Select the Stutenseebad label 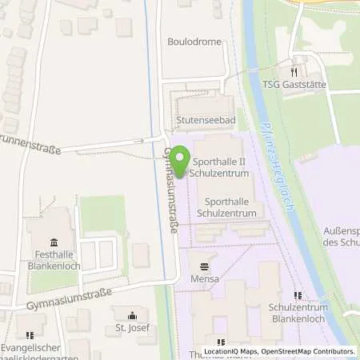pyautogui.click(x=206, y=122)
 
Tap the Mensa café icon pyautogui.click(x=206, y=266)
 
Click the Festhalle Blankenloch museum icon pyautogui.click(x=54, y=243)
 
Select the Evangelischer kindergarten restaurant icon pyautogui.click(x=30, y=336)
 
